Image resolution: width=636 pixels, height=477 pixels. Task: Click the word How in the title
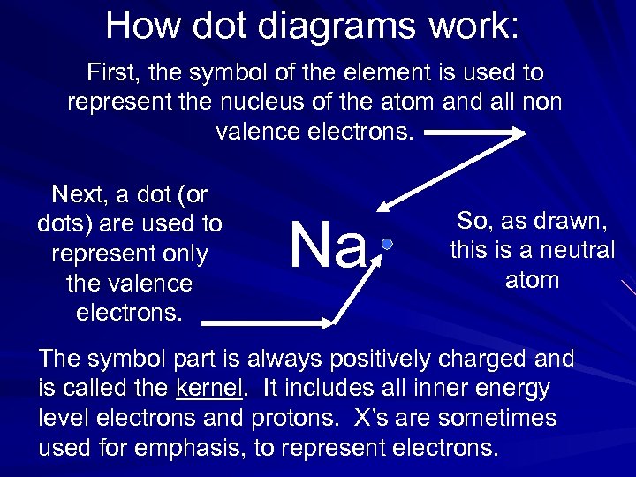point(143,26)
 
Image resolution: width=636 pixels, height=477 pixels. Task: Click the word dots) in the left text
point(65,223)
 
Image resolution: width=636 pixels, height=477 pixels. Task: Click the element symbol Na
point(328,246)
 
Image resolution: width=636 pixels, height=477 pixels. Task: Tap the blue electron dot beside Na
point(386,243)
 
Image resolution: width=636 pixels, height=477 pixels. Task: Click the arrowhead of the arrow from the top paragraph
point(382,208)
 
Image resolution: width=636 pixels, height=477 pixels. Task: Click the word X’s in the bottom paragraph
point(362,417)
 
